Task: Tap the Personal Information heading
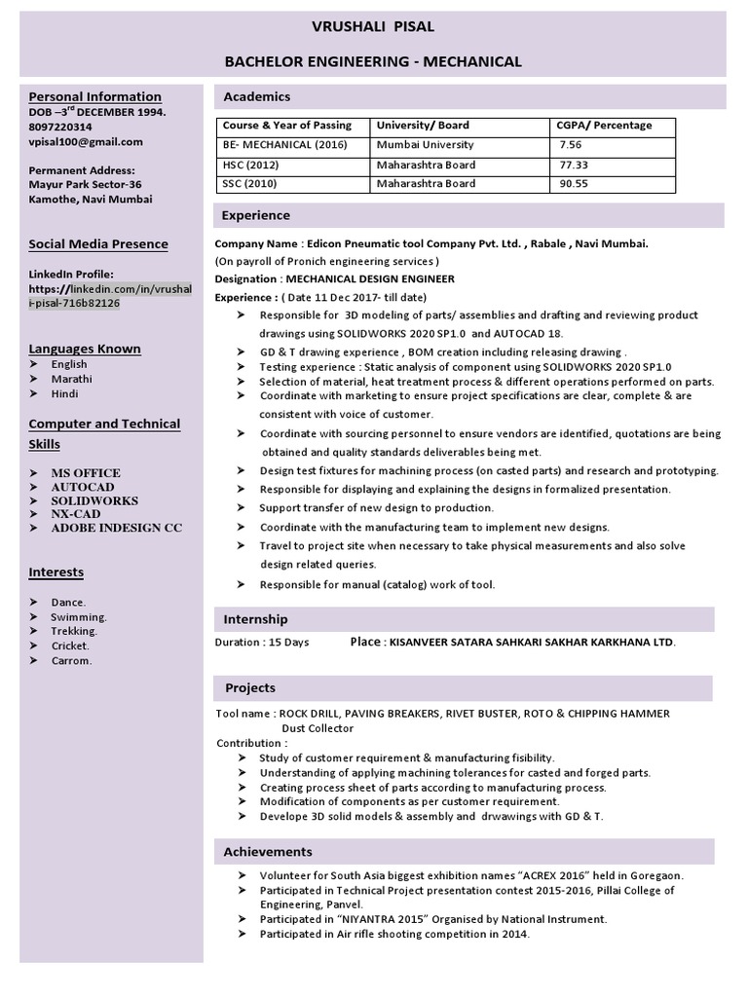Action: [94, 96]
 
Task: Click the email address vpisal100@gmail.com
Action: [86, 141]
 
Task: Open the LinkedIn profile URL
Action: [110, 296]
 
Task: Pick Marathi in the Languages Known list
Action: [73, 379]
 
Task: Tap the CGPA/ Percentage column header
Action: [604, 126]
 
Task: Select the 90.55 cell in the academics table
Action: [574, 184]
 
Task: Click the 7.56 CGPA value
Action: [573, 144]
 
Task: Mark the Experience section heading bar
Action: [467, 215]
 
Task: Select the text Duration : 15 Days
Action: [262, 643]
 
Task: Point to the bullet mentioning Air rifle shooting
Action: [394, 934]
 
